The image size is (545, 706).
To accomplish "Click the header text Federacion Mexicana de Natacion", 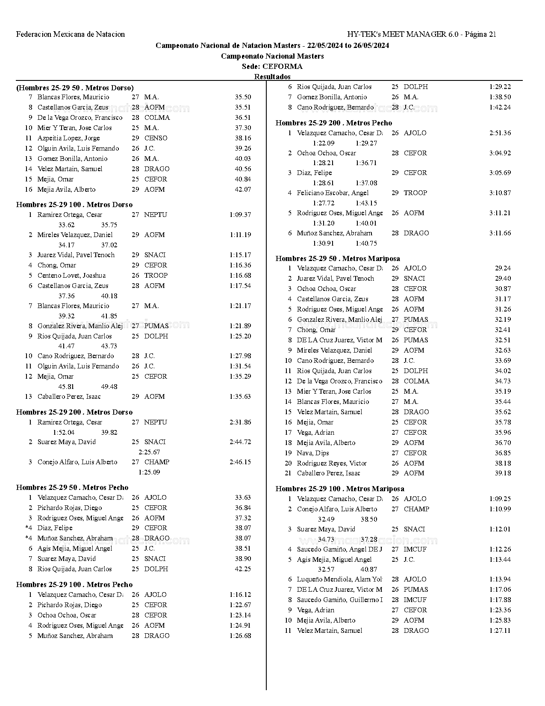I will click(x=71, y=34).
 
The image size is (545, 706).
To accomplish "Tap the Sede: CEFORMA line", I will click(x=272, y=66).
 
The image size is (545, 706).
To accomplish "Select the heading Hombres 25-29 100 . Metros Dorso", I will click(x=74, y=205).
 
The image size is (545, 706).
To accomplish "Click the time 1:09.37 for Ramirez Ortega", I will click(x=240, y=215).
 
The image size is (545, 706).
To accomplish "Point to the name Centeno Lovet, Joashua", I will click(x=71, y=276).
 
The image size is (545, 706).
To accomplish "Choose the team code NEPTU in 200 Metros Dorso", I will click(x=156, y=422).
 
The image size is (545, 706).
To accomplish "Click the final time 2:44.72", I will click(x=240, y=442).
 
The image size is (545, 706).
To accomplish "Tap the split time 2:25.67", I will click(x=149, y=452).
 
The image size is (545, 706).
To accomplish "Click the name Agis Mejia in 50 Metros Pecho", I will click(x=75, y=549).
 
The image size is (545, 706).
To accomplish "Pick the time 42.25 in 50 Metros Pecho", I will click(x=243, y=569).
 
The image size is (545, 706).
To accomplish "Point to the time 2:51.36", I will click(x=500, y=133).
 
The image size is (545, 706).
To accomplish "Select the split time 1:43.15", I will click(x=366, y=203).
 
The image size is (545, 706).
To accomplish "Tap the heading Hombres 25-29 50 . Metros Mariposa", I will click(x=338, y=258).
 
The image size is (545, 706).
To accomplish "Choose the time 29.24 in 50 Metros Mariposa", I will click(x=503, y=268).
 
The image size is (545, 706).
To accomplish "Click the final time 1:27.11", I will click(x=500, y=631).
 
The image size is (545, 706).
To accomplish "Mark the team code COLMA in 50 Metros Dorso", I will click(x=157, y=118).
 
